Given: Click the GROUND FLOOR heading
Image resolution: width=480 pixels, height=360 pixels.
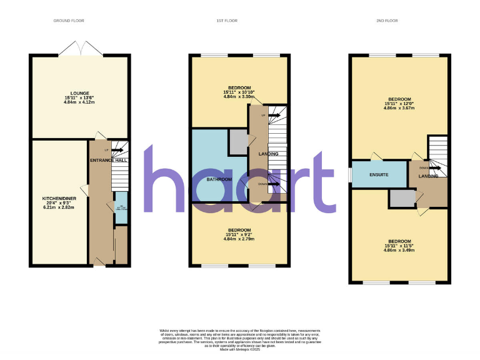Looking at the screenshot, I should click(x=64, y=21).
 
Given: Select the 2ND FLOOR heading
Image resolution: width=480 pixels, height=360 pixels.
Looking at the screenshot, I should click(x=387, y=21).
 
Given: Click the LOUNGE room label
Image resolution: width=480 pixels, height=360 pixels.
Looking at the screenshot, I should click(x=79, y=92).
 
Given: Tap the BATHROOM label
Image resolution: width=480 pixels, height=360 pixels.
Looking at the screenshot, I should click(x=219, y=180).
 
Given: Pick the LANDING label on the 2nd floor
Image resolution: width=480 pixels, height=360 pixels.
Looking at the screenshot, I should click(x=428, y=176).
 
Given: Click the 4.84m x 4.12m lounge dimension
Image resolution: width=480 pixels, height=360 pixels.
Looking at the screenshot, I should click(x=79, y=102).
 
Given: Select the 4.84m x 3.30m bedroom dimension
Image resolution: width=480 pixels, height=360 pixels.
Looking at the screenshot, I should click(x=239, y=97).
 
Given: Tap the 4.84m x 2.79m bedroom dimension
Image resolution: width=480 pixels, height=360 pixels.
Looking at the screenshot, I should click(x=239, y=239).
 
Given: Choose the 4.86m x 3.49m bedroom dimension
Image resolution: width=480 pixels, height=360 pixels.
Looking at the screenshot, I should click(x=399, y=251).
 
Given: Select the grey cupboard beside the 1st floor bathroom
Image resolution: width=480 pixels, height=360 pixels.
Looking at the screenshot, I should click(x=237, y=142).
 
